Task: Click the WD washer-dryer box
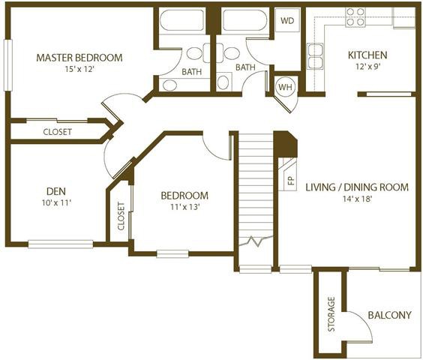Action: coord(287,20)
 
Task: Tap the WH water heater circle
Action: coord(286,87)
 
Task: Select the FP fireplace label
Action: coord(291,181)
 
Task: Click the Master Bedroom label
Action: coord(79,58)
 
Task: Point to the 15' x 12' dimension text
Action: coord(79,69)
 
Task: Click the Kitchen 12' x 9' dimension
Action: coord(368,67)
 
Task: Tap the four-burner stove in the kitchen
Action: coord(355,17)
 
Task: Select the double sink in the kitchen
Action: coord(315,56)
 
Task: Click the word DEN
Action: coord(56,191)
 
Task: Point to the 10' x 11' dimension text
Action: coord(56,202)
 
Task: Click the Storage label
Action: coord(331,314)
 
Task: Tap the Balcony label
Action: coord(390,315)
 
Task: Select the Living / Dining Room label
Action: coord(357,187)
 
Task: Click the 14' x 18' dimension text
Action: coord(358,199)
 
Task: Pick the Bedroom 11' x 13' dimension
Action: coord(184,207)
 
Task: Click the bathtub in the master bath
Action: coord(181,20)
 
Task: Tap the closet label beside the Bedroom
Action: coord(121,216)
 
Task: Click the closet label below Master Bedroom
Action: coord(58,132)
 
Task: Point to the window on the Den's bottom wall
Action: coord(61,244)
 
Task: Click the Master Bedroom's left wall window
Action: coord(7,65)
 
